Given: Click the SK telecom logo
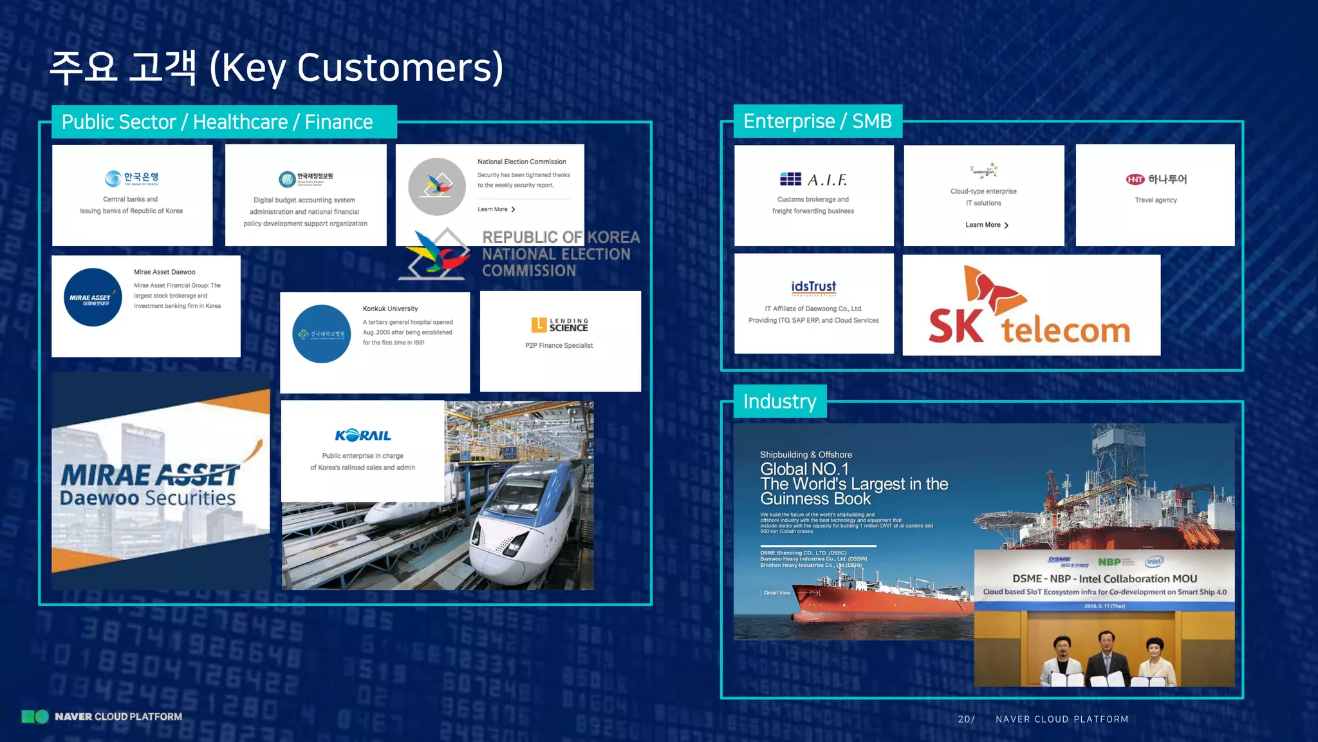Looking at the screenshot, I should [1030, 307].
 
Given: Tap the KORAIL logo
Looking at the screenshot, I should [363, 436].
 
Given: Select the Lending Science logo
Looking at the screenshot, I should [559, 325].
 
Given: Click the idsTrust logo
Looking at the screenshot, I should [813, 287].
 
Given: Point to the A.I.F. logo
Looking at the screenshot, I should [813, 179].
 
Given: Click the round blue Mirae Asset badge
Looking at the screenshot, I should [93, 298].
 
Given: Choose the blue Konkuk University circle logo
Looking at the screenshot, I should [321, 334].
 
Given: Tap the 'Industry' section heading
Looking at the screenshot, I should [779, 401].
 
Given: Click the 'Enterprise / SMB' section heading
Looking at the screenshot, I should [817, 121].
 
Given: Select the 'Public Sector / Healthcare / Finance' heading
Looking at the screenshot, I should [217, 122].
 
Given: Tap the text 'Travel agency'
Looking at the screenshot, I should [1155, 200].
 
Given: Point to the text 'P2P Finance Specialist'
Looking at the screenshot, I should [559, 346].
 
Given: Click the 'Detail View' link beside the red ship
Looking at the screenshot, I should [777, 593].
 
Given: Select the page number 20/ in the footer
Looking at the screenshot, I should [966, 719].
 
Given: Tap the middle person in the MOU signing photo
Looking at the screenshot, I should [1106, 657].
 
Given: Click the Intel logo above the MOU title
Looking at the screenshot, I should [1154, 562].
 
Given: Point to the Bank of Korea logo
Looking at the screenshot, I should [131, 178].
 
